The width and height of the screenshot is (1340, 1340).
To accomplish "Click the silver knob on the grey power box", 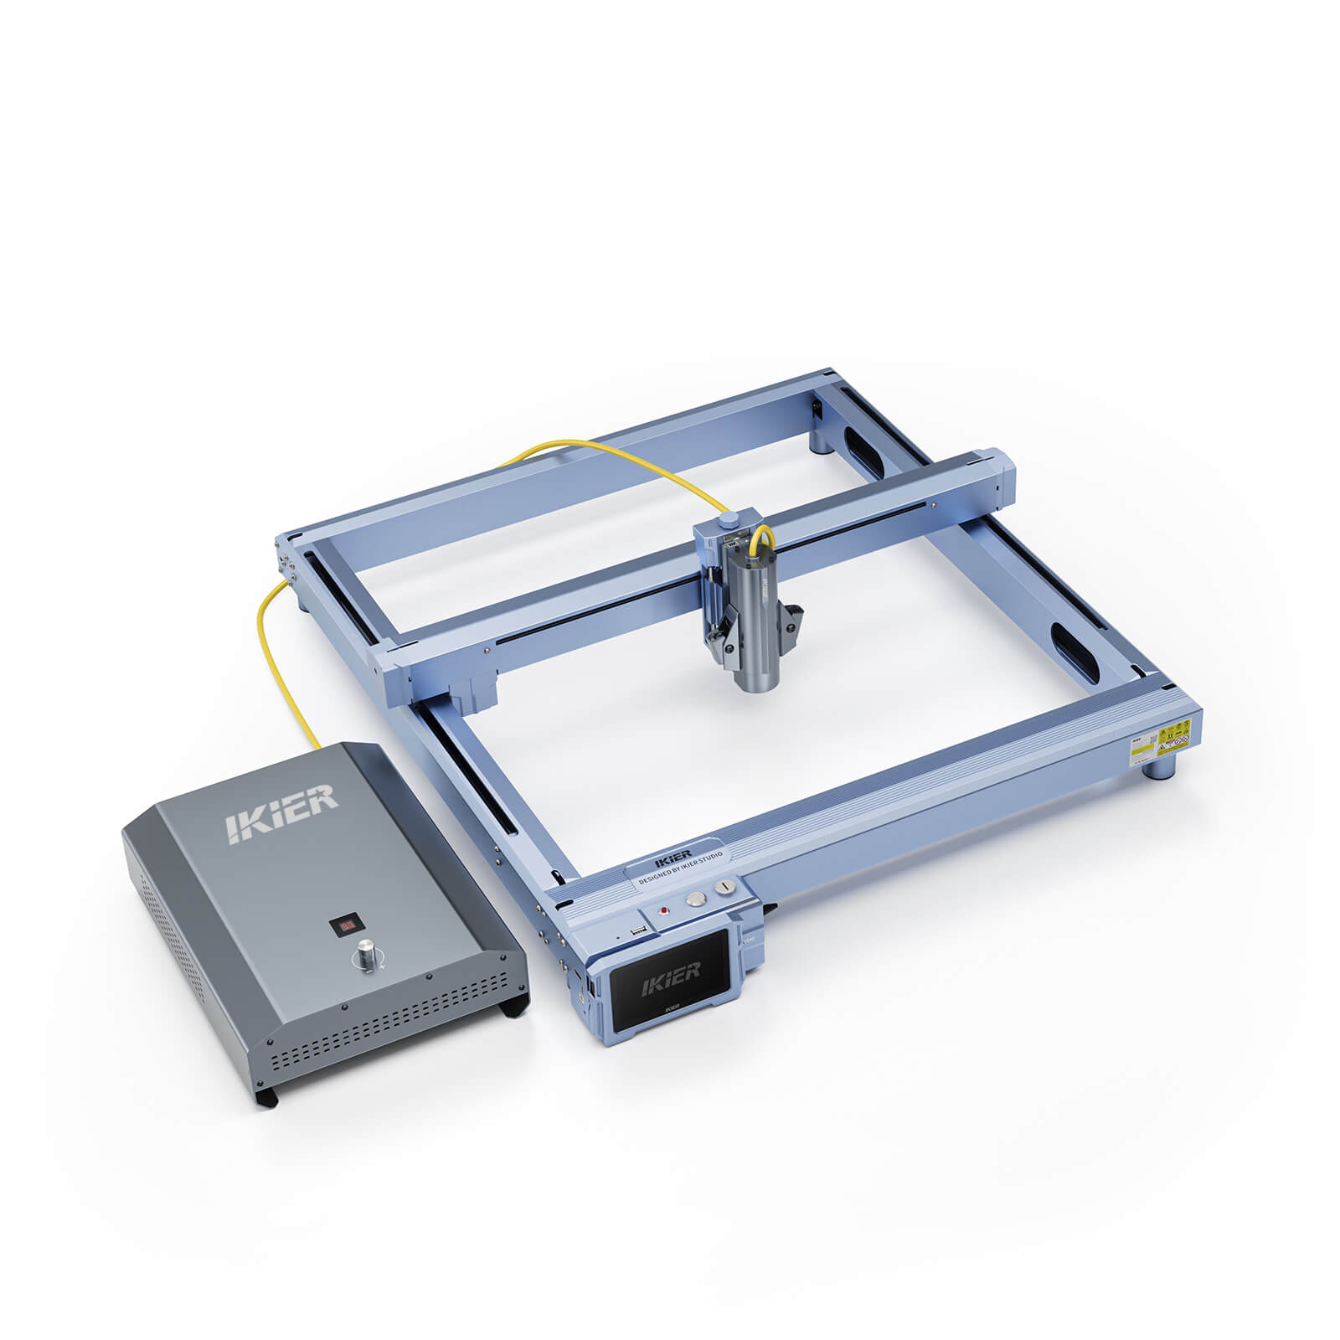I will pyautogui.click(x=367, y=955).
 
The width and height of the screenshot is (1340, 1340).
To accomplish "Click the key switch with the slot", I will pyautogui.click(x=724, y=886).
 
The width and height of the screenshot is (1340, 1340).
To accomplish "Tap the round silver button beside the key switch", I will pyautogui.click(x=695, y=899).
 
